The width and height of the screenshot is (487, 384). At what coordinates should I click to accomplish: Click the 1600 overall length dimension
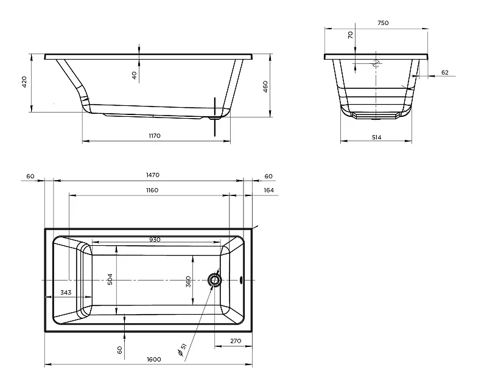tap(154, 359)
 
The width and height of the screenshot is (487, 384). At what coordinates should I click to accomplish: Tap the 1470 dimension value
tap(153, 175)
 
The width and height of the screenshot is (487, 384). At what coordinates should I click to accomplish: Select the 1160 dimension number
tap(152, 190)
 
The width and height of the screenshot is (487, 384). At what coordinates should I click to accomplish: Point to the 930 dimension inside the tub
tap(155, 239)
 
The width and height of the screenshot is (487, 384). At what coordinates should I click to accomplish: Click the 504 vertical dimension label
tap(110, 279)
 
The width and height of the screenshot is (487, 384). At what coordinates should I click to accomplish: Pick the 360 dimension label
tap(188, 282)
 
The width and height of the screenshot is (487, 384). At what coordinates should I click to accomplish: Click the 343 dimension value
tap(66, 293)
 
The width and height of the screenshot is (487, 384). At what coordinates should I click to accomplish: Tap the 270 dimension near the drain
tap(236, 341)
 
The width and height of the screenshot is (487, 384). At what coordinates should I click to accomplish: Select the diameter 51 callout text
tap(182, 349)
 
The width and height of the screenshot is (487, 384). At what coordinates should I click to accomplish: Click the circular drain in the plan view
tap(214, 280)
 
